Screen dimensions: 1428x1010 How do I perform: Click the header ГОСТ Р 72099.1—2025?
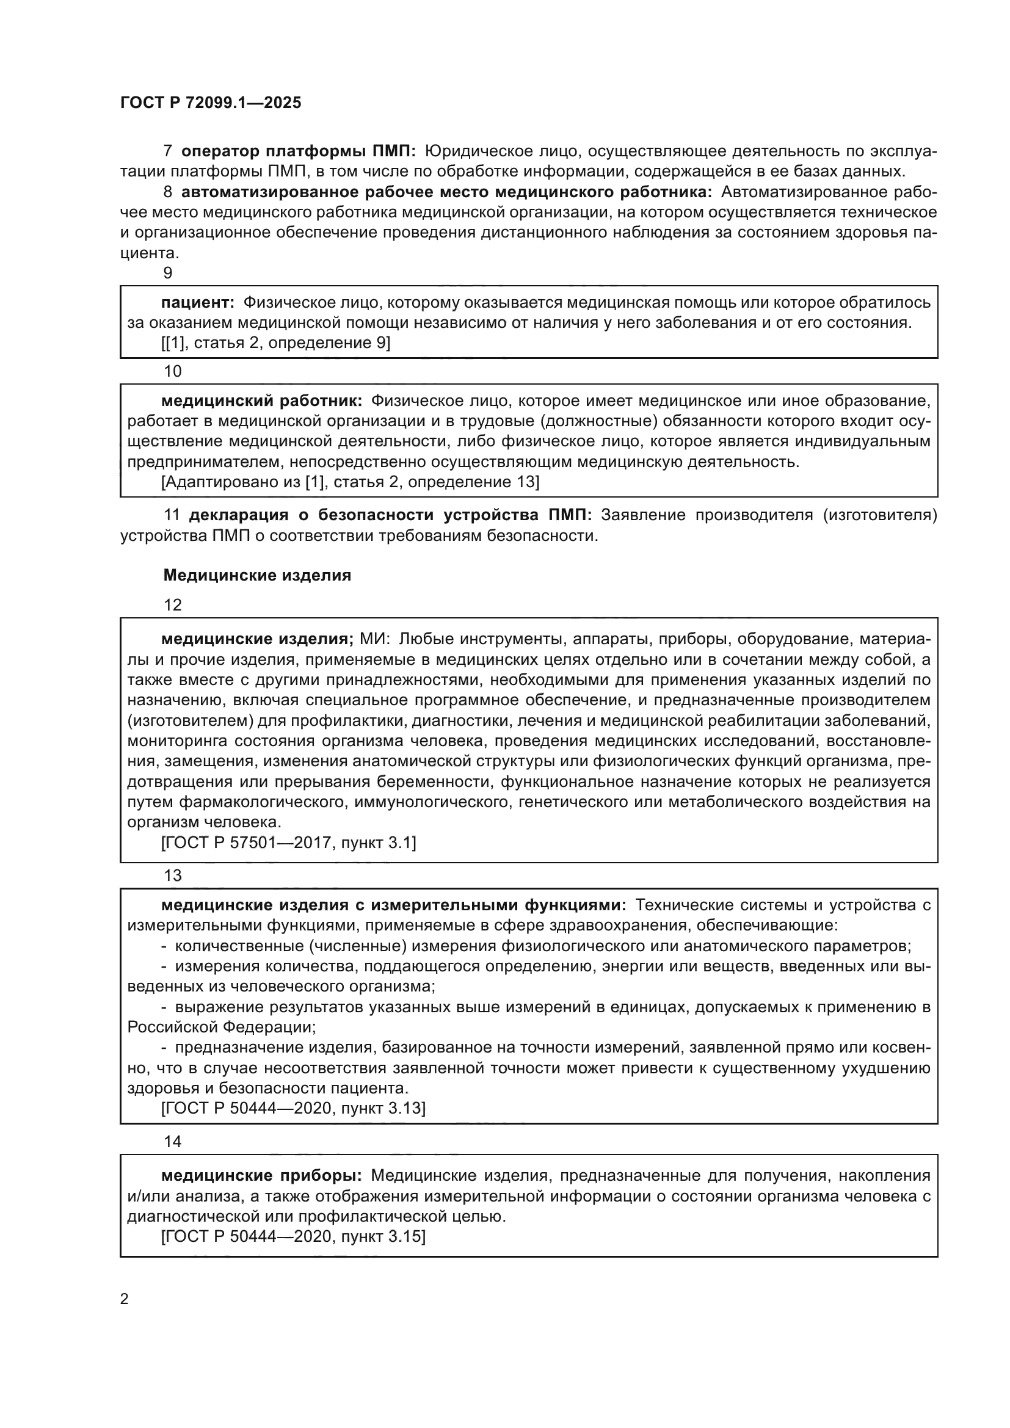coord(210,103)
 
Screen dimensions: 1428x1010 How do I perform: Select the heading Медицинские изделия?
coord(257,575)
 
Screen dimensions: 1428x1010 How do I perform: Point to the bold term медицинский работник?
coord(261,401)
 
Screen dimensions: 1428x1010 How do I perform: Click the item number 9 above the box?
coord(167,273)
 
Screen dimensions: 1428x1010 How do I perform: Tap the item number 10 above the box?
coord(172,371)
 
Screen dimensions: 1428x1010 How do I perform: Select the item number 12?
coord(172,605)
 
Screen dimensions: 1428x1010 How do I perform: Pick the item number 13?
coord(172,875)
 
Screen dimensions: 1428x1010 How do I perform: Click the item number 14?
coord(172,1141)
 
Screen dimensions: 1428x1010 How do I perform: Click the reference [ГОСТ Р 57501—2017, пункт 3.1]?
coord(289,843)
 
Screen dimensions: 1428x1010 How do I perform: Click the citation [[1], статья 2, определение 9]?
coord(275,343)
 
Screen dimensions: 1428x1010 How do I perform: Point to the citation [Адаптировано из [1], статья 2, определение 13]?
coord(350,482)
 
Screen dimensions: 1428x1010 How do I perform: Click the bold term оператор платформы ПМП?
coord(299,151)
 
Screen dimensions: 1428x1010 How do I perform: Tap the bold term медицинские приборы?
coord(261,1175)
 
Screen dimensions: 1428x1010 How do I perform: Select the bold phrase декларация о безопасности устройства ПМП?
coord(391,515)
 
